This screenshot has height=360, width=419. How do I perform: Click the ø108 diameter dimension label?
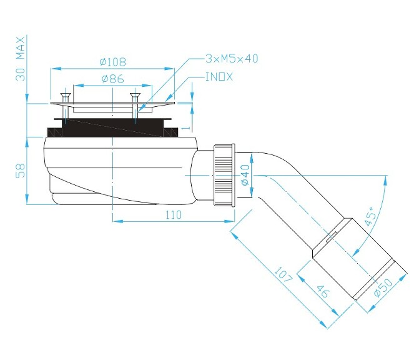tap(113, 62)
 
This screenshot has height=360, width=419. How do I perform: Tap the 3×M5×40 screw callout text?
tap(232, 59)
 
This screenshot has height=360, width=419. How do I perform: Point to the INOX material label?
tap(219, 77)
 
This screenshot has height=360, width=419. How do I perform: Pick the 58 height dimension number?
tap(20, 169)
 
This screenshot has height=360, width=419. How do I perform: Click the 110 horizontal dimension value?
tap(173, 215)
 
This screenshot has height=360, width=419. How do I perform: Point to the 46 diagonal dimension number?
tap(323, 292)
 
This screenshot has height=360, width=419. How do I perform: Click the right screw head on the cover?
tap(134, 95)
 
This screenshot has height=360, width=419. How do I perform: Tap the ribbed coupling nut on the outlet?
tap(224, 176)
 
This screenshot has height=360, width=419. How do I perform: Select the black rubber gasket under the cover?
tap(112, 129)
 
